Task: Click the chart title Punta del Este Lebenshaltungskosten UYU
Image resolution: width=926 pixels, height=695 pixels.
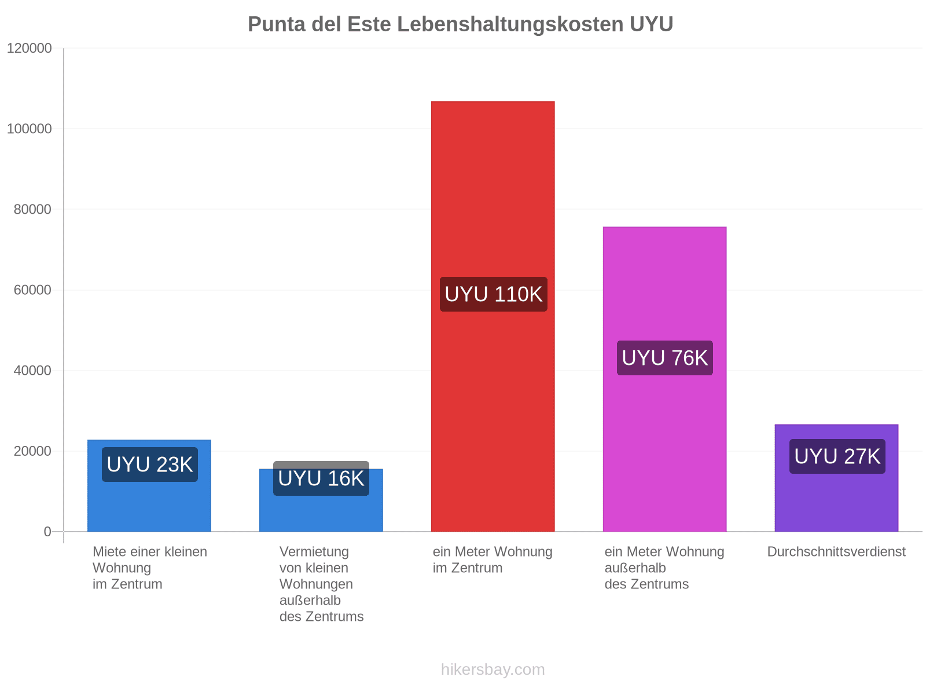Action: point(460,24)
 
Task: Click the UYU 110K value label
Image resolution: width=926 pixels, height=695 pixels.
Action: point(494,294)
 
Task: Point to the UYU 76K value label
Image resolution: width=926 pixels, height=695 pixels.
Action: point(665,358)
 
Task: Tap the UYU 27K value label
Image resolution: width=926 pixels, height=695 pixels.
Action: point(837,456)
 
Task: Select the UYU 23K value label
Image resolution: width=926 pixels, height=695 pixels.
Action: point(150,464)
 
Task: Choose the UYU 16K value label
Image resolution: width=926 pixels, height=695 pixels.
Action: point(321,478)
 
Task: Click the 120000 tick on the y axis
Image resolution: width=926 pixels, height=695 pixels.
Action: point(29,48)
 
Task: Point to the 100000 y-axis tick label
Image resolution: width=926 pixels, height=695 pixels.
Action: point(29,129)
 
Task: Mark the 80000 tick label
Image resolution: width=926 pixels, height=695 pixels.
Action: point(32,209)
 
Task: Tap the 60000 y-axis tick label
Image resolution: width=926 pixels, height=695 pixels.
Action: point(32,290)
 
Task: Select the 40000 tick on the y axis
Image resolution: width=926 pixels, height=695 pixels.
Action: point(32,371)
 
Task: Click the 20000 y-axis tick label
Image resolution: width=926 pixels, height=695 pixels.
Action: point(32,451)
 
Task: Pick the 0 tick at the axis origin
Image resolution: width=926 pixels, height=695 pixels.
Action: point(47,532)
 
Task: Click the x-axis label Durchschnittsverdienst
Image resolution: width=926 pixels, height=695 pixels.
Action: point(836,551)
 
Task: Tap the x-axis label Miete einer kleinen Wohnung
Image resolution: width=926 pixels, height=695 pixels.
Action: point(150,568)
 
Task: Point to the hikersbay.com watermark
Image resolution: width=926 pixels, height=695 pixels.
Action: point(493,670)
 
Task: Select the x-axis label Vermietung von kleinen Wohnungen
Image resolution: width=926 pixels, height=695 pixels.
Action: point(321,584)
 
